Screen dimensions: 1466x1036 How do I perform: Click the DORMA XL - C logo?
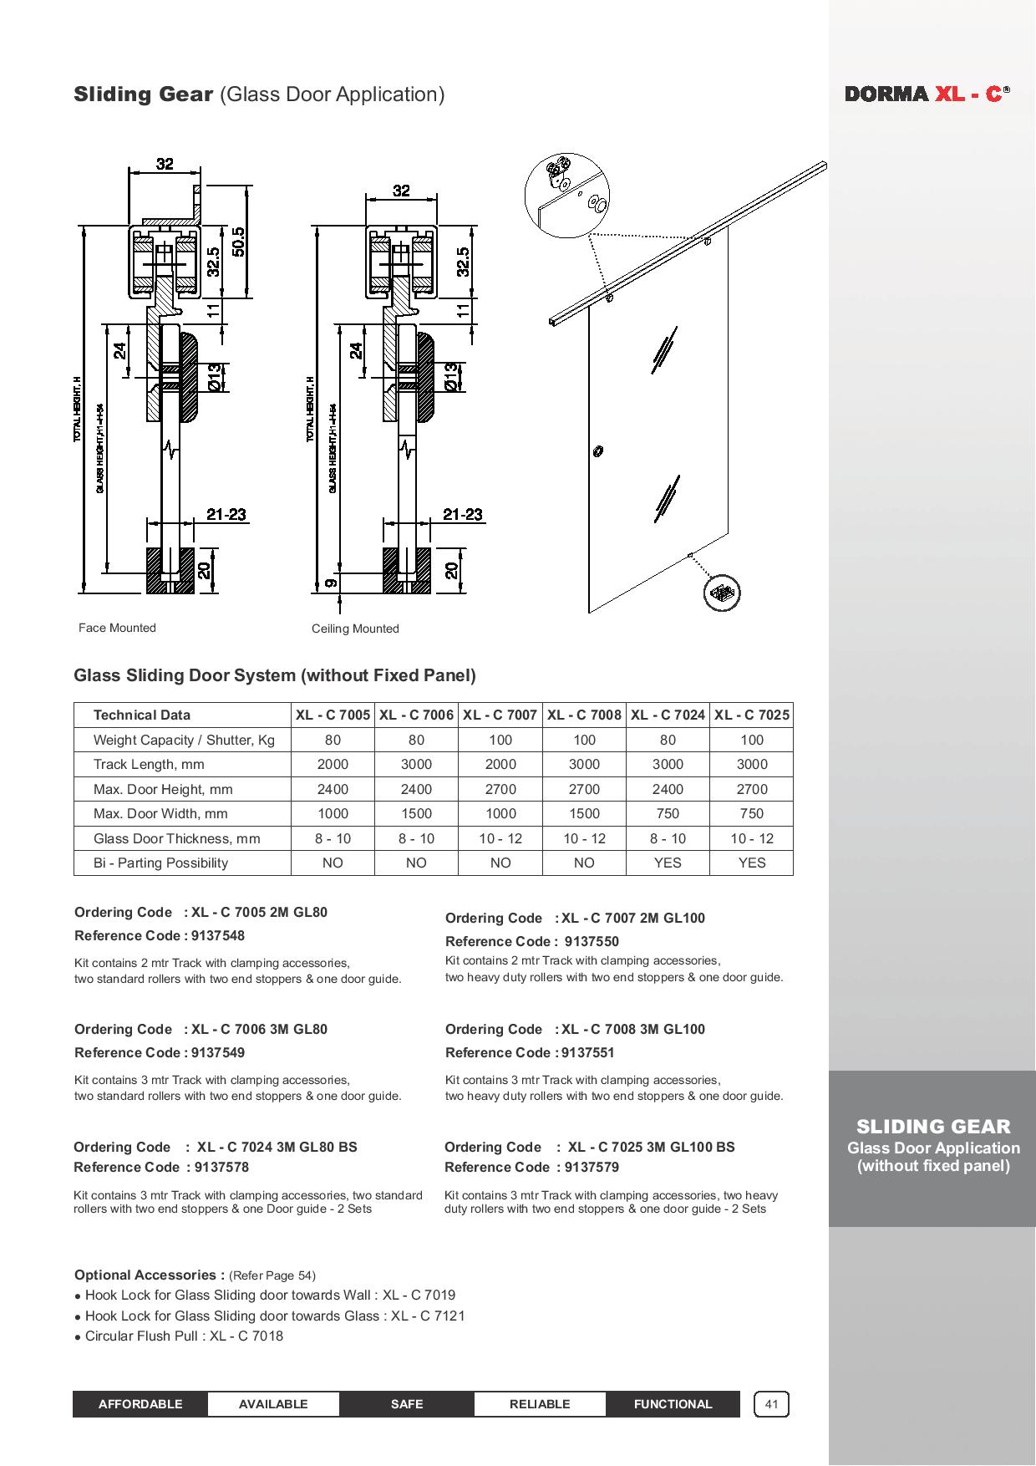pyautogui.click(x=927, y=94)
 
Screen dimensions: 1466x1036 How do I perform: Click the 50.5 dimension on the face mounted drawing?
pyautogui.click(x=239, y=242)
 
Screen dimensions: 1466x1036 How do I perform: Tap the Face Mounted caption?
pyautogui.click(x=117, y=628)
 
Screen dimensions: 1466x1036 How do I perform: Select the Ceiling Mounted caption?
pyautogui.click(x=355, y=629)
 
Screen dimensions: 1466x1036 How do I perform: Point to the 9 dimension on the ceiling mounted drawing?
pyautogui.click(x=331, y=583)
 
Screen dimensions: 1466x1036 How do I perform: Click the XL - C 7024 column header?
pyautogui.click(x=668, y=715)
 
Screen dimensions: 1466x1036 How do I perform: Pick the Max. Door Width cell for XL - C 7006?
pyautogui.click(x=416, y=813)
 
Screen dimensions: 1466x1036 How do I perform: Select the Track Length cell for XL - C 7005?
pyautogui.click(x=333, y=764)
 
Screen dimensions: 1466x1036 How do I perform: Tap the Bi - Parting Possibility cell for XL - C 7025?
pyautogui.click(x=751, y=863)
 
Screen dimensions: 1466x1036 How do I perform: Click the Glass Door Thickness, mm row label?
pyautogui.click(x=176, y=838)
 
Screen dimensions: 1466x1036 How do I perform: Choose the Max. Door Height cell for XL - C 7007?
pyautogui.click(x=500, y=789)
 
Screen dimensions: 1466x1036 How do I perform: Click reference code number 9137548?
pyautogui.click(x=218, y=935)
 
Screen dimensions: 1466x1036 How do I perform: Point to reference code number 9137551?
pyautogui.click(x=588, y=1052)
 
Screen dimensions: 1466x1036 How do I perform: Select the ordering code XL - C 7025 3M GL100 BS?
pyautogui.click(x=651, y=1147)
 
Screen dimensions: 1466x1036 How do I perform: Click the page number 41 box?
pyautogui.click(x=771, y=1404)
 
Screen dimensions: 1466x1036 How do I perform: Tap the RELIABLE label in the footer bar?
pyautogui.click(x=540, y=1404)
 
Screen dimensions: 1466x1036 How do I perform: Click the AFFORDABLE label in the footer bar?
pyautogui.click(x=140, y=1404)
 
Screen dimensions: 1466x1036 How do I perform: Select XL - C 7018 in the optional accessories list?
pyautogui.click(x=246, y=1336)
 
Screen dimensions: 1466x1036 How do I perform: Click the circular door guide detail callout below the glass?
pyautogui.click(x=722, y=594)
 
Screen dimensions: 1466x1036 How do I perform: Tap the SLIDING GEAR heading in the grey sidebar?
pyautogui.click(x=933, y=1126)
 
